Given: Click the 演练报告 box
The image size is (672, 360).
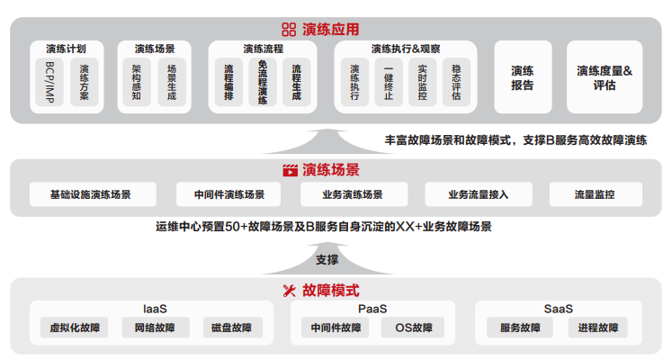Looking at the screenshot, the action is tap(523, 77).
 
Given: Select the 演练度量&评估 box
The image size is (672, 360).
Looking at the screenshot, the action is tap(605, 77).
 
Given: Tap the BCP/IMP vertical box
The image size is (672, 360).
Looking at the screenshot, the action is tap(49, 84).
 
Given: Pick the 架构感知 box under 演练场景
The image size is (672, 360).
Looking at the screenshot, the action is tap(137, 84).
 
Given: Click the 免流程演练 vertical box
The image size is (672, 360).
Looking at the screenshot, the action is tap(263, 84).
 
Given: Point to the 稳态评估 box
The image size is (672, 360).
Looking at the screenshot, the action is tap(456, 84).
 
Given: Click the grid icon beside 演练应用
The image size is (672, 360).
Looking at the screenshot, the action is tap(289, 30).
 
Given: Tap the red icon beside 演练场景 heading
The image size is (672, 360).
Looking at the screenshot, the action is tap(290, 169).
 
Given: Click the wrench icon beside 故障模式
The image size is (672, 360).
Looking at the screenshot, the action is tap(290, 290).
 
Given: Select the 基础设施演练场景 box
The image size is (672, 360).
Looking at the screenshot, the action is tap(92, 194).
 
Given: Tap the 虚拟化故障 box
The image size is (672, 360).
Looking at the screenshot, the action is tap(75, 328).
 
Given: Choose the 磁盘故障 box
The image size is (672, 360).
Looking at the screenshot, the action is tap(228, 328).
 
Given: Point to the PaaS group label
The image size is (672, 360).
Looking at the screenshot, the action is tap(372, 309).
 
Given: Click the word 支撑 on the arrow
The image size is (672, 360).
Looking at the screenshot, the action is tap(327, 260).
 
